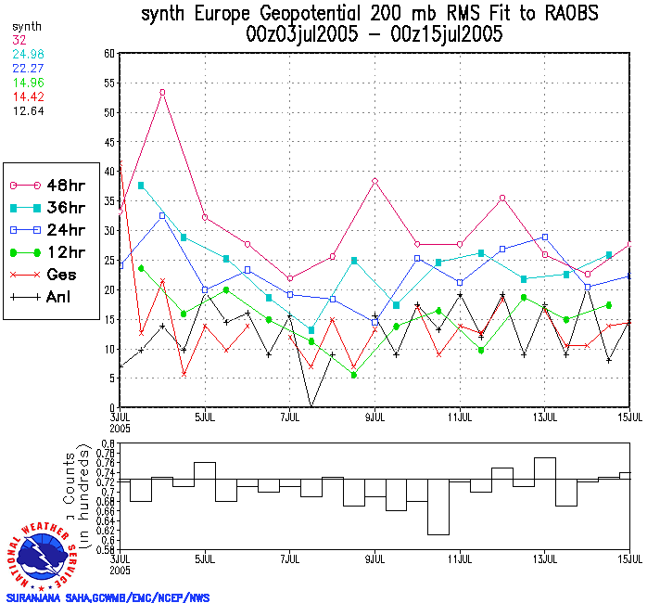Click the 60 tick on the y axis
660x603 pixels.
[x=108, y=54]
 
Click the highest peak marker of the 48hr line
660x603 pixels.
[x=162, y=92]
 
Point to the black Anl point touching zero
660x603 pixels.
[x=311, y=406]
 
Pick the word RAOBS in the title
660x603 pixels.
[x=565, y=14]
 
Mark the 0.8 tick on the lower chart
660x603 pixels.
[x=107, y=445]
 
